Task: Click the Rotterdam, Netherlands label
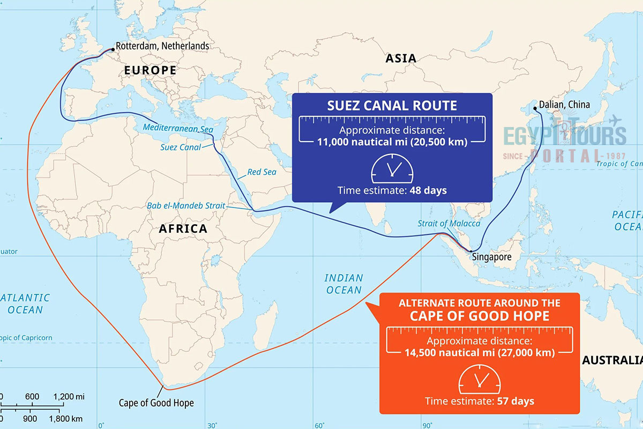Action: click(162, 46)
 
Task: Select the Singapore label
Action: click(491, 257)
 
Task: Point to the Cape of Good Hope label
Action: click(156, 403)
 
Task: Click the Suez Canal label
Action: click(181, 147)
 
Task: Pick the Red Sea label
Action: click(261, 172)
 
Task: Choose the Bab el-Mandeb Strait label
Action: click(186, 206)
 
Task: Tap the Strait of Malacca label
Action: click(449, 223)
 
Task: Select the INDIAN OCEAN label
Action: click(343, 284)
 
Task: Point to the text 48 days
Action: click(428, 190)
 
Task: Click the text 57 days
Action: click(515, 401)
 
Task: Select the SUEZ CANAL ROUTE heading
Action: click(392, 105)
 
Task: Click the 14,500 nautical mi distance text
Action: click(479, 352)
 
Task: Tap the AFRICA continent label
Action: click(183, 229)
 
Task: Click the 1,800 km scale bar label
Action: click(68, 418)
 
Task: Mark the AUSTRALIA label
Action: click(612, 360)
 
